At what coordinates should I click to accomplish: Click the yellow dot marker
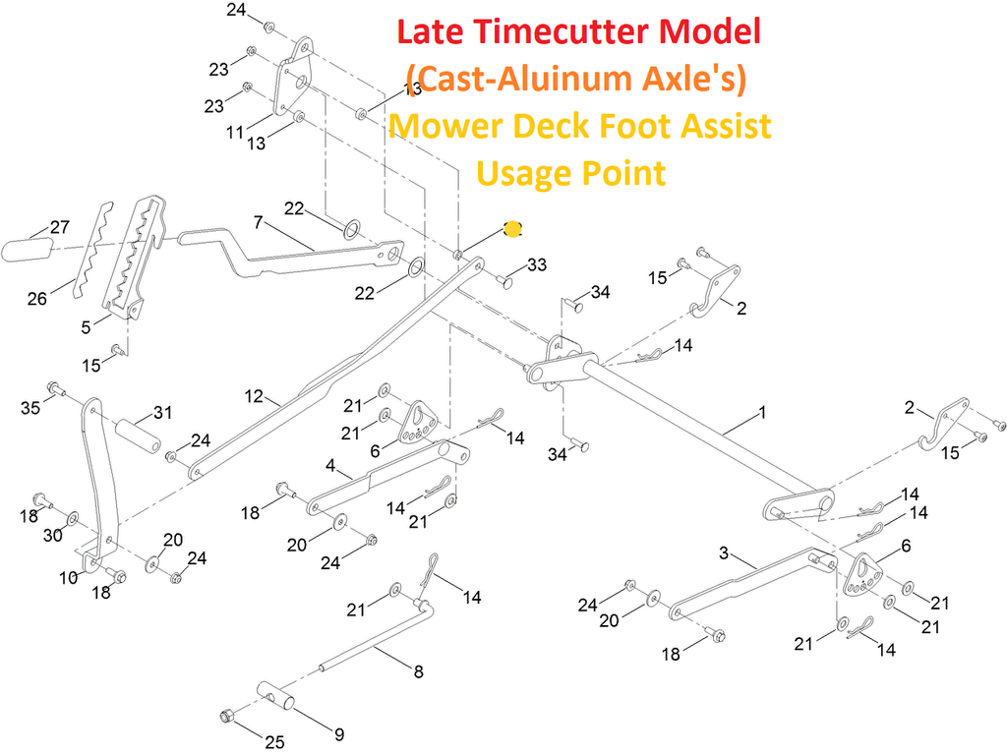pos(512,229)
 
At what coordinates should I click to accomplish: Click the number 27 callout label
pos(60,227)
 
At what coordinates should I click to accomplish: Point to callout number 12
pos(255,396)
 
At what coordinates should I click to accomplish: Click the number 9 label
pos(339,734)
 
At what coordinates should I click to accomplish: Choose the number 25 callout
pos(274,742)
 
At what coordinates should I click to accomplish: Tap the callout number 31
pos(162,413)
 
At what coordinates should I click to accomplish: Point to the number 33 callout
pos(537,265)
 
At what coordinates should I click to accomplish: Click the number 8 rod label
pos(418,672)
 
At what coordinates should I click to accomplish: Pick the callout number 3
pos(724,554)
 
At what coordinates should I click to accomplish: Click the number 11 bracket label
pos(234,131)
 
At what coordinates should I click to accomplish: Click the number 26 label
pos(36,299)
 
